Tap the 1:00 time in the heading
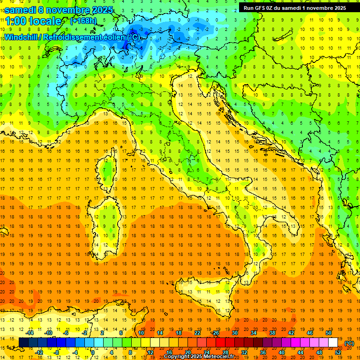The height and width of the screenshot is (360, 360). (x=15, y=21)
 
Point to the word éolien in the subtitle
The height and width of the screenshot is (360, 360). (x=112, y=37)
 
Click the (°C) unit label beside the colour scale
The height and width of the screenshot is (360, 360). (x=349, y=343)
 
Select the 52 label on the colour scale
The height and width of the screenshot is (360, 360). (x=338, y=352)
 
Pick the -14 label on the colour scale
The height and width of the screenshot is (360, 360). (x=30, y=333)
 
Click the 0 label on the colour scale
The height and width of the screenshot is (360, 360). (x=93, y=352)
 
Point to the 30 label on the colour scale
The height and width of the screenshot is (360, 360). (x=235, y=333)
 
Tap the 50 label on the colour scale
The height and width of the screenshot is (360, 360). (x=329, y=333)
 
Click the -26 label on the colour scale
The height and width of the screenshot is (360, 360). (x=215, y=333)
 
